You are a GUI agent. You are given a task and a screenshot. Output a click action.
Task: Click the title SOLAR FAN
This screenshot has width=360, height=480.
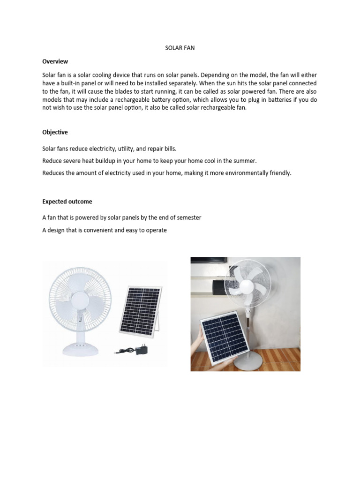180,48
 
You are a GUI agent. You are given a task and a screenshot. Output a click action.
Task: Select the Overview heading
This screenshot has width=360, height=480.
55,61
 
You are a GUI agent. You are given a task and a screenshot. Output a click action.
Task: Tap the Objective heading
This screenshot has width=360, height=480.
55,133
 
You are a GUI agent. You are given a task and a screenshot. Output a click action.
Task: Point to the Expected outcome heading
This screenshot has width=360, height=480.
67,202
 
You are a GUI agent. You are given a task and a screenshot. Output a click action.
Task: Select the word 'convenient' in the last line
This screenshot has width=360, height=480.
97,230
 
